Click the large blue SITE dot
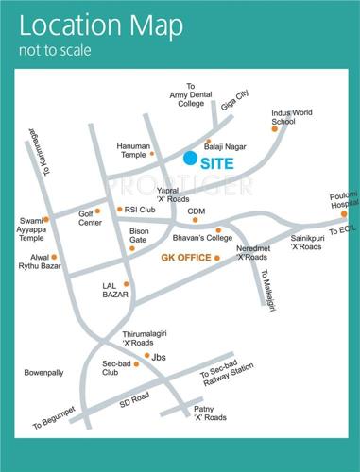[x=192, y=159]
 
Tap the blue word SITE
[x=224, y=162]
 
